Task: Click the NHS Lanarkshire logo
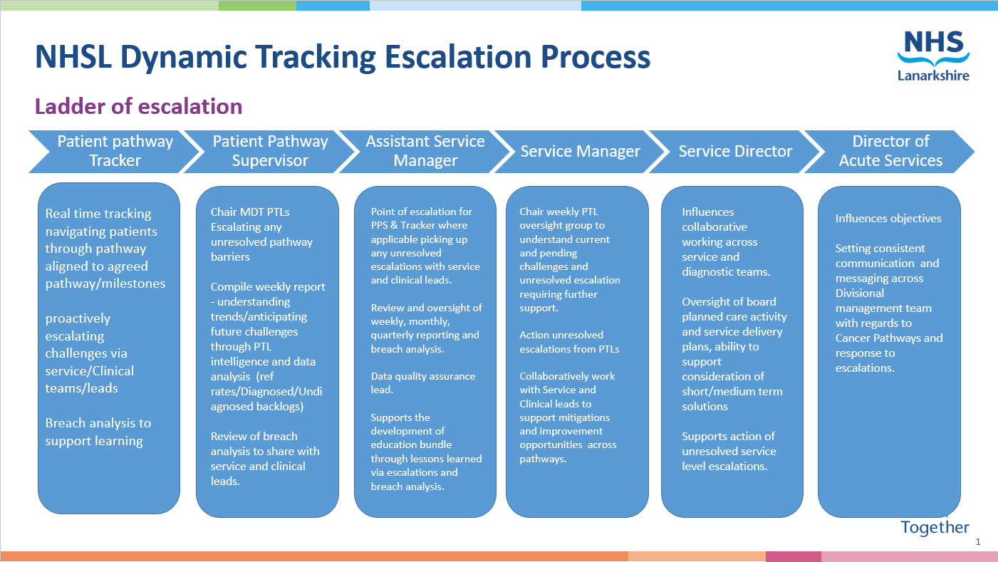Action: click(933, 56)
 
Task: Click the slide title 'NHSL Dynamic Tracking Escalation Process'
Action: click(342, 56)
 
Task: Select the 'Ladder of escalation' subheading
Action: click(139, 106)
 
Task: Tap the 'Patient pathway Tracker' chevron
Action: click(114, 151)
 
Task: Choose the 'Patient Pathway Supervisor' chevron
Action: click(270, 151)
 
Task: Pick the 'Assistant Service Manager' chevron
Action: click(425, 151)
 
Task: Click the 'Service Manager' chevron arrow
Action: click(580, 151)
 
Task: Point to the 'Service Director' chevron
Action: click(735, 151)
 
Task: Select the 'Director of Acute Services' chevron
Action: click(890, 151)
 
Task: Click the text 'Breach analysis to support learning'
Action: click(98, 432)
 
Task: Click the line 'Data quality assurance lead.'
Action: click(423, 383)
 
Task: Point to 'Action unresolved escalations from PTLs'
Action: click(569, 342)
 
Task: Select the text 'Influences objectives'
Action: click(888, 219)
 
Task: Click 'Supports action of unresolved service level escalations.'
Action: click(728, 452)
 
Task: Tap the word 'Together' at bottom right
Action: click(935, 527)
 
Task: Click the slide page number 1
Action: click(978, 542)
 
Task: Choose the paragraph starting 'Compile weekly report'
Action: click(268, 346)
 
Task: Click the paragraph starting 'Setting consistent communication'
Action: click(888, 308)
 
